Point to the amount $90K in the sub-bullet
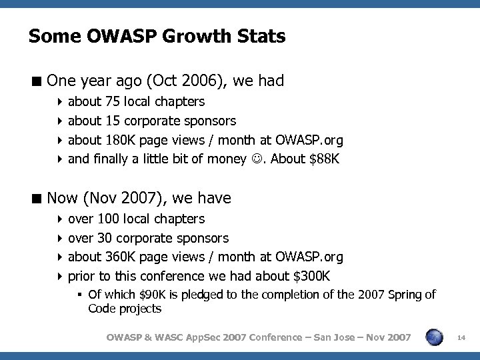coord(149,295)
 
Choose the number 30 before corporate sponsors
coord(105,238)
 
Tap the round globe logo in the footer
coord(433,338)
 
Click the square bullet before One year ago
coord(37,81)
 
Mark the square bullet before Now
coord(37,198)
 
